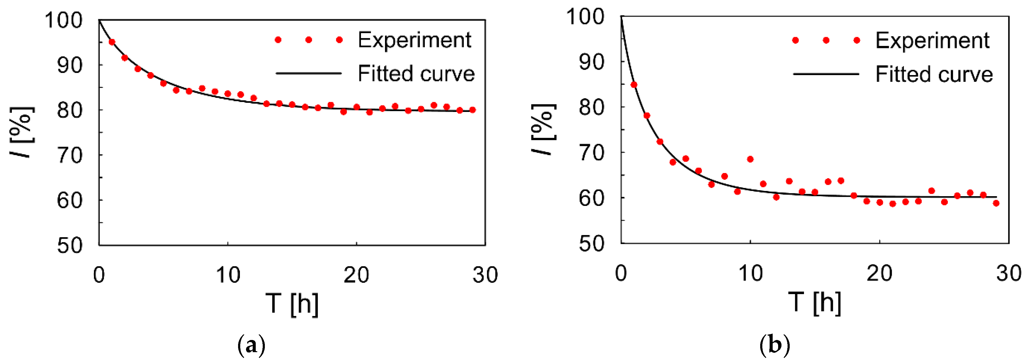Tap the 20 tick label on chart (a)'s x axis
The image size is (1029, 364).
[356, 275]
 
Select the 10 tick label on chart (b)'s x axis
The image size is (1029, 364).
[750, 273]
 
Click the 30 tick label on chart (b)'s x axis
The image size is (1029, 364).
[1009, 273]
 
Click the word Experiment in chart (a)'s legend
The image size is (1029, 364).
[414, 40]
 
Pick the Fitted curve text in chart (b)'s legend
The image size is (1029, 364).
[934, 74]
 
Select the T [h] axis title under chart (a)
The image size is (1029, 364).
[292, 304]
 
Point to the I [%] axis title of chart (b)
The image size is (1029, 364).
[543, 129]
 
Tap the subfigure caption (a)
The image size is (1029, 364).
[251, 345]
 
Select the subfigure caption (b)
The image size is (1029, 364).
[774, 345]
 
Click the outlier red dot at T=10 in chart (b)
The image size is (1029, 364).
[750, 159]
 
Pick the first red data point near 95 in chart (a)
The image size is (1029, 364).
[112, 42]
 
